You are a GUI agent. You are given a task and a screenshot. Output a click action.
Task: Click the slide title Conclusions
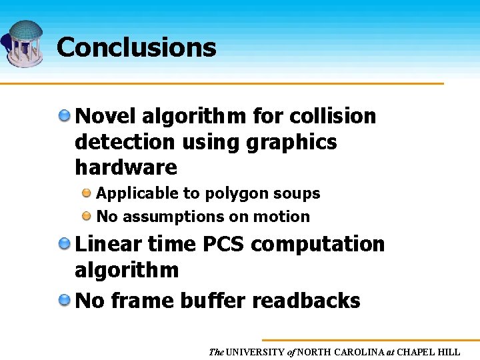pyautogui.click(x=136, y=47)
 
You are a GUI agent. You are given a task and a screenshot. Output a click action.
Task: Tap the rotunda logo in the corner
pyautogui.click(x=23, y=43)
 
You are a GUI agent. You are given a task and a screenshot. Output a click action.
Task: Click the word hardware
pyautogui.click(x=126, y=167)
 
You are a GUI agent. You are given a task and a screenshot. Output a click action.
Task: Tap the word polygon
pyautogui.click(x=233, y=193)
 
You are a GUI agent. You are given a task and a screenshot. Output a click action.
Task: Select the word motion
pyautogui.click(x=285, y=217)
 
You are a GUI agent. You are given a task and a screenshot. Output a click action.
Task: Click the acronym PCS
pyautogui.click(x=224, y=244)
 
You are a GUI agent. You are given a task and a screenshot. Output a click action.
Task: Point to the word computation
pyautogui.click(x=318, y=244)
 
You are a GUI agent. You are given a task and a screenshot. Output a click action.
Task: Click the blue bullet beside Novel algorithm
pyautogui.click(x=65, y=116)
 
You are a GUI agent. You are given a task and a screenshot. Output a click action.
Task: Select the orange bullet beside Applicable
pyautogui.click(x=87, y=193)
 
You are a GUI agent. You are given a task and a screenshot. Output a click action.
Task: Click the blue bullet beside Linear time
pyautogui.click(x=65, y=244)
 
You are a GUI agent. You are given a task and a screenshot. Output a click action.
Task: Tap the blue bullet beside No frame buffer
pyautogui.click(x=65, y=301)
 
